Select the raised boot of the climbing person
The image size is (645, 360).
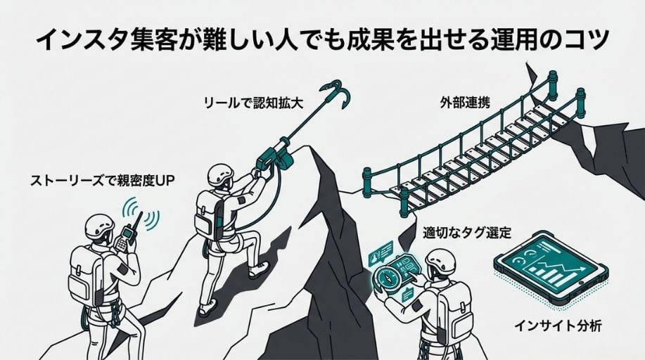tap(258, 270)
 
